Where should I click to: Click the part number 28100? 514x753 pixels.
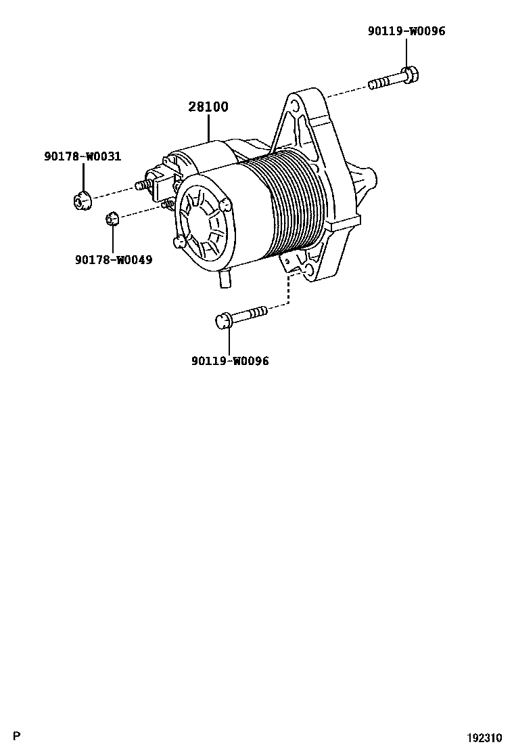pos(208,107)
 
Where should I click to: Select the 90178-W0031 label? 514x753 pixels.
pos(83,157)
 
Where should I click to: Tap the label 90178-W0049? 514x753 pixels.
pos(114,259)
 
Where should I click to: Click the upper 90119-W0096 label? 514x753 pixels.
pos(406,31)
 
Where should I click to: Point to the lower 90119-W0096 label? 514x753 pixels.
pos(229,361)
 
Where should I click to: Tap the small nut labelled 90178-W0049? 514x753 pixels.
pos(112,218)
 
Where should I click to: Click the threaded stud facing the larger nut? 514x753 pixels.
pos(141,185)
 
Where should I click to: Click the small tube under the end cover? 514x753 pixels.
pos(225,279)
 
